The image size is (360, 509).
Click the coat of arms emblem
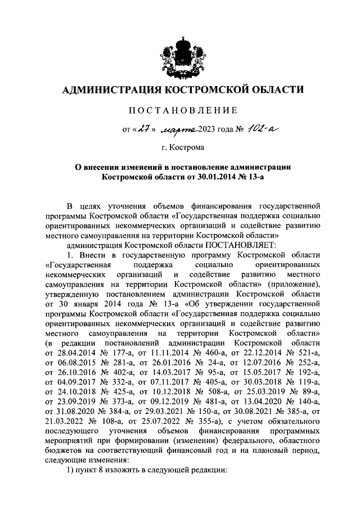point(179,53)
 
